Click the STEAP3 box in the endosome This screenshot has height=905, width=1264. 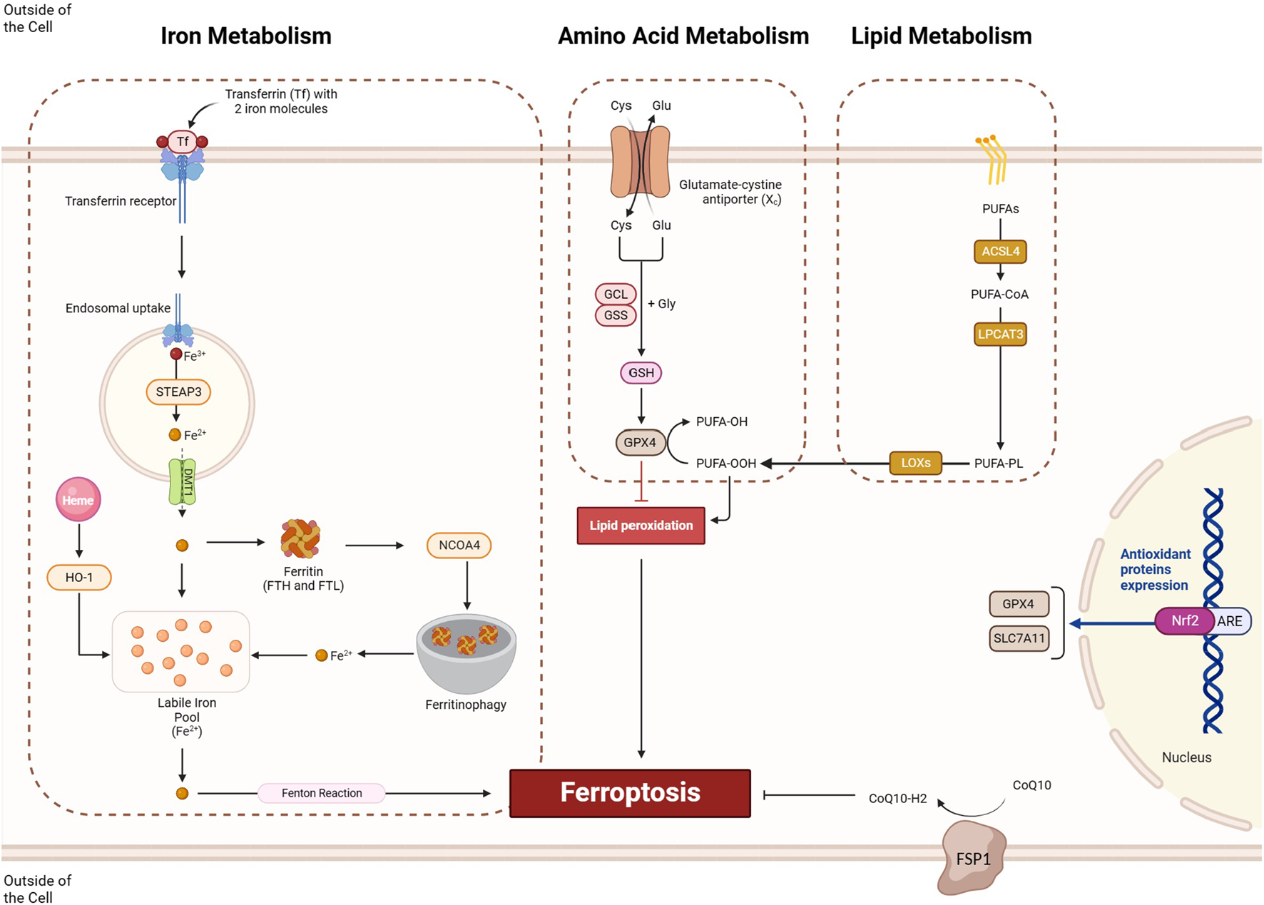(x=178, y=392)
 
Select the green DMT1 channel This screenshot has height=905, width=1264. (x=182, y=481)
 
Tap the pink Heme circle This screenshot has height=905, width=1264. (x=78, y=499)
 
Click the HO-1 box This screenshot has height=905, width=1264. (x=79, y=577)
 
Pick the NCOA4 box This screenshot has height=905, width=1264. (x=459, y=545)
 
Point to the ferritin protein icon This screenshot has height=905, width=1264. (x=300, y=538)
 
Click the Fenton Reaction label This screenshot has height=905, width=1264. (x=322, y=793)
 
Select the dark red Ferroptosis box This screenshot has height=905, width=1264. (x=630, y=792)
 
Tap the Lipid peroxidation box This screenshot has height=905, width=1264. (x=641, y=526)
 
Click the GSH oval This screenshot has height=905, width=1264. (x=641, y=372)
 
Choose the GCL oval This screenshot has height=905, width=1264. (x=616, y=294)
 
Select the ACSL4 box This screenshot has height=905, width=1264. (x=1000, y=251)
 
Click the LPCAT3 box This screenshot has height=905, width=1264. (x=1000, y=334)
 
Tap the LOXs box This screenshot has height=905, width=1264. (x=915, y=463)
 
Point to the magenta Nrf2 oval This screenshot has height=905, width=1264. (x=1184, y=620)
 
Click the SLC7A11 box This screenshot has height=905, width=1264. (x=1019, y=638)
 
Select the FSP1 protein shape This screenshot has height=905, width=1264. (x=972, y=858)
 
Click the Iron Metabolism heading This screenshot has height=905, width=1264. (x=245, y=36)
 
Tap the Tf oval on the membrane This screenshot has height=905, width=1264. (x=183, y=141)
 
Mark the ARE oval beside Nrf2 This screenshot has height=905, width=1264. (x=1230, y=621)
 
